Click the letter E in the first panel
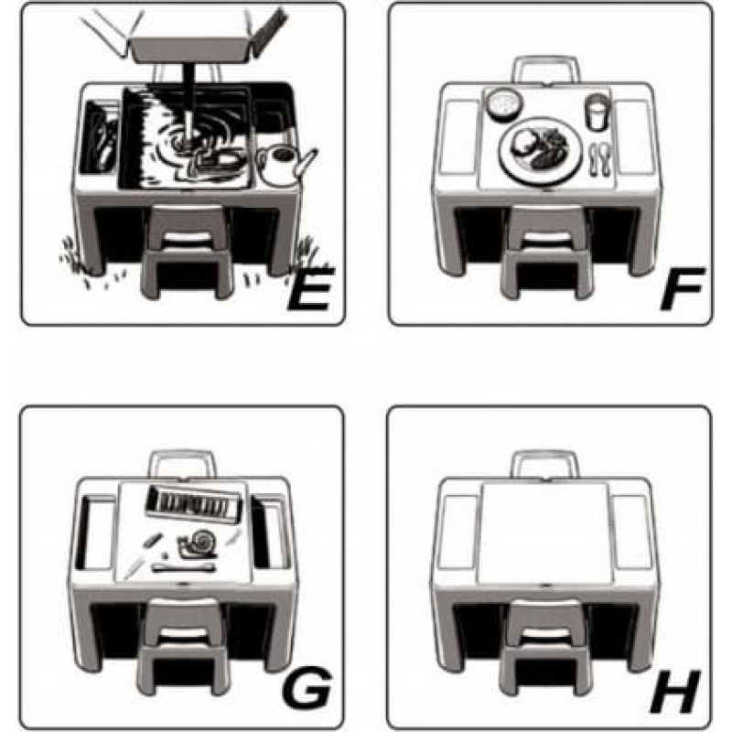point(310,288)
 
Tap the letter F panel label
point(682,288)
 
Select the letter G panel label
point(307,687)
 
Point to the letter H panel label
point(675,691)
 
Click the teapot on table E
point(285,166)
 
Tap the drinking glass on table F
point(597,112)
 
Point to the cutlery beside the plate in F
point(600,159)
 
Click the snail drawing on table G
point(198,544)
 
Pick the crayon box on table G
point(195,505)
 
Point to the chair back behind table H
point(545,464)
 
